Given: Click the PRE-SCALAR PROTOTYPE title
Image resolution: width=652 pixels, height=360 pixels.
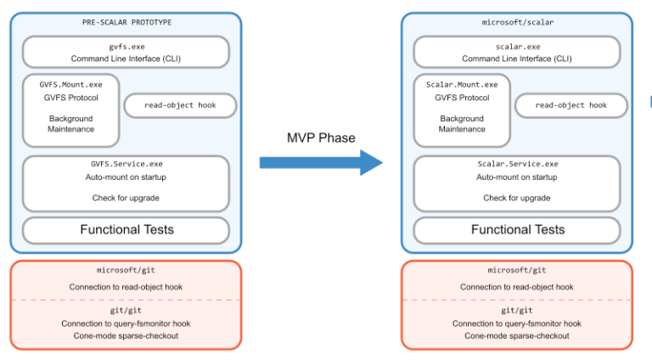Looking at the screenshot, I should click(126, 22).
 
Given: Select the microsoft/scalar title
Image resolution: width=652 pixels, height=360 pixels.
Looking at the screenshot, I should click(517, 22).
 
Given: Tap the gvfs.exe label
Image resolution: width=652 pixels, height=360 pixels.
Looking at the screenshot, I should click(126, 46).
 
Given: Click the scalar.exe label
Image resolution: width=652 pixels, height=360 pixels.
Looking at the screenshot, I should click(517, 46).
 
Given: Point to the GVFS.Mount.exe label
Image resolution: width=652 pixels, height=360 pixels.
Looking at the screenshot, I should click(71, 84).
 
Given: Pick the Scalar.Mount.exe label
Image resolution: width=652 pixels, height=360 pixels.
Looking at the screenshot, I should click(462, 84).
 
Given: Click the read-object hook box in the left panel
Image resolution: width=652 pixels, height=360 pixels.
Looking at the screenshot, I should click(180, 105).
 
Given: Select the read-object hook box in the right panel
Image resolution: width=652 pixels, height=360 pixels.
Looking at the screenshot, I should click(571, 105).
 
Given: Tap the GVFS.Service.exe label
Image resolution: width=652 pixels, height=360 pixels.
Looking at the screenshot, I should click(126, 163).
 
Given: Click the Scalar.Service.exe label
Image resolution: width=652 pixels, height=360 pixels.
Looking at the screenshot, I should click(517, 163).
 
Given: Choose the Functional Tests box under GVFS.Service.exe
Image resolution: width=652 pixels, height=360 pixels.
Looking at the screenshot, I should click(126, 229).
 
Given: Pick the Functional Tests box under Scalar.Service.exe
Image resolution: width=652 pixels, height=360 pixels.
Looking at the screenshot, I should click(517, 229).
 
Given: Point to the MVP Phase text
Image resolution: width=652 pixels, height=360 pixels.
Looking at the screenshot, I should click(320, 138).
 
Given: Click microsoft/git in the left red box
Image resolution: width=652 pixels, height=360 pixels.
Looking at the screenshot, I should click(126, 270).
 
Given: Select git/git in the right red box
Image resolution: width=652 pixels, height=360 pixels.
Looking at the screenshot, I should click(517, 311).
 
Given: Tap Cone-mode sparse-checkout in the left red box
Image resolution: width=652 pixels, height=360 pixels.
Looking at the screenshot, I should click(126, 335).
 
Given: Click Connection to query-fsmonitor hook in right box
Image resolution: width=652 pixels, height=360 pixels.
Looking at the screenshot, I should click(517, 323).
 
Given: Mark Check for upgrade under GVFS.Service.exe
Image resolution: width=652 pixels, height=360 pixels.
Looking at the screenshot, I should click(126, 198).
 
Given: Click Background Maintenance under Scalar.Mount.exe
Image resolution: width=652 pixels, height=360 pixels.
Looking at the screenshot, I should click(462, 124).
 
